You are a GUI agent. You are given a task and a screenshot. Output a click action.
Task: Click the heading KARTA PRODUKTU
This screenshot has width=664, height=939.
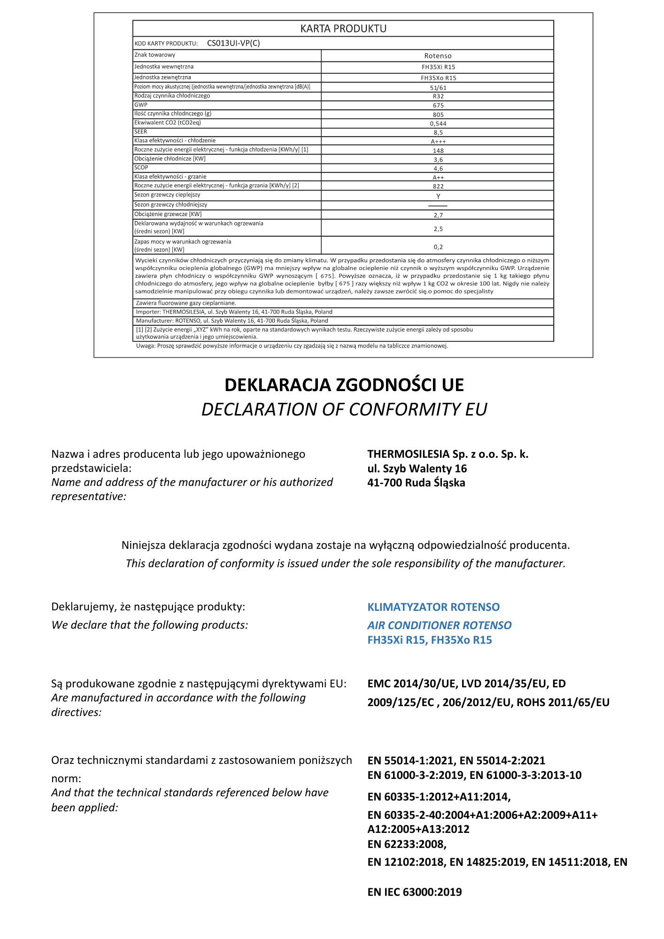click(343, 29)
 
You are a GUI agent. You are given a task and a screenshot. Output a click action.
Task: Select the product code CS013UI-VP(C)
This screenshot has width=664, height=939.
click(233, 43)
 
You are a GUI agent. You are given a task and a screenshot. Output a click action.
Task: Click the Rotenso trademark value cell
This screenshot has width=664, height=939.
click(438, 56)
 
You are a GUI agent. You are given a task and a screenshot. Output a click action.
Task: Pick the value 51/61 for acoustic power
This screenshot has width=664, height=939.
click(438, 88)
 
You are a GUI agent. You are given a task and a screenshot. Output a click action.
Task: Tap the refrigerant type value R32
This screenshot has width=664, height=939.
click(438, 96)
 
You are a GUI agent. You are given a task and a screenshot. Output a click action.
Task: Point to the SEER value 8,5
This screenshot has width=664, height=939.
click(438, 132)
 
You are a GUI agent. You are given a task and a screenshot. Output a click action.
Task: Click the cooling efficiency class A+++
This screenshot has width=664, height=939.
click(438, 141)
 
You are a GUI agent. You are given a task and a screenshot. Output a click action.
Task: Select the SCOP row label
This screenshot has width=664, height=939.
click(141, 168)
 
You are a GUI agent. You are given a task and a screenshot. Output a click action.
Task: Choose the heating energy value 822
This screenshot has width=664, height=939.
click(438, 186)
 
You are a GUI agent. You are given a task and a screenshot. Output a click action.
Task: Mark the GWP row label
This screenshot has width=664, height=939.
click(141, 105)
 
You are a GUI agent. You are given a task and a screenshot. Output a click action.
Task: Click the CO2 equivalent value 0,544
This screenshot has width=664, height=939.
click(438, 123)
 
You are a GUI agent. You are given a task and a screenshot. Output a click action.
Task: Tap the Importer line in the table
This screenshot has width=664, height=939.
click(234, 312)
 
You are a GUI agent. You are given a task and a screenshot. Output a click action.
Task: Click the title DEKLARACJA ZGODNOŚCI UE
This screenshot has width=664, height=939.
click(344, 385)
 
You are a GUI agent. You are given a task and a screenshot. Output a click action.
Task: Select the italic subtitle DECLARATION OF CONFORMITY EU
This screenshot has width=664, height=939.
click(344, 409)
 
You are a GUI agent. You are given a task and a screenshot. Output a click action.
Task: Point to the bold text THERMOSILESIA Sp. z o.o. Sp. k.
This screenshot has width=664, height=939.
click(448, 454)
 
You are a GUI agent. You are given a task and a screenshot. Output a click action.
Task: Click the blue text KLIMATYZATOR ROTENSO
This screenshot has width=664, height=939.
click(433, 607)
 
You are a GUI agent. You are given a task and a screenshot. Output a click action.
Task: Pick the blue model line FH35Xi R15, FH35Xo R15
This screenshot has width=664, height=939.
click(429, 640)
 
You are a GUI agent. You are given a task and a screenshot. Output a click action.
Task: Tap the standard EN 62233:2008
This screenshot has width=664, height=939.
click(407, 844)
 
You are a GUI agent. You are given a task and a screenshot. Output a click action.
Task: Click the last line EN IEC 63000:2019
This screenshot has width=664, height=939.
click(414, 892)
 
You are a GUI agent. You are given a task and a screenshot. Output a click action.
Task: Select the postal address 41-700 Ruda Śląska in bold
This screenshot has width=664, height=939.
click(416, 483)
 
